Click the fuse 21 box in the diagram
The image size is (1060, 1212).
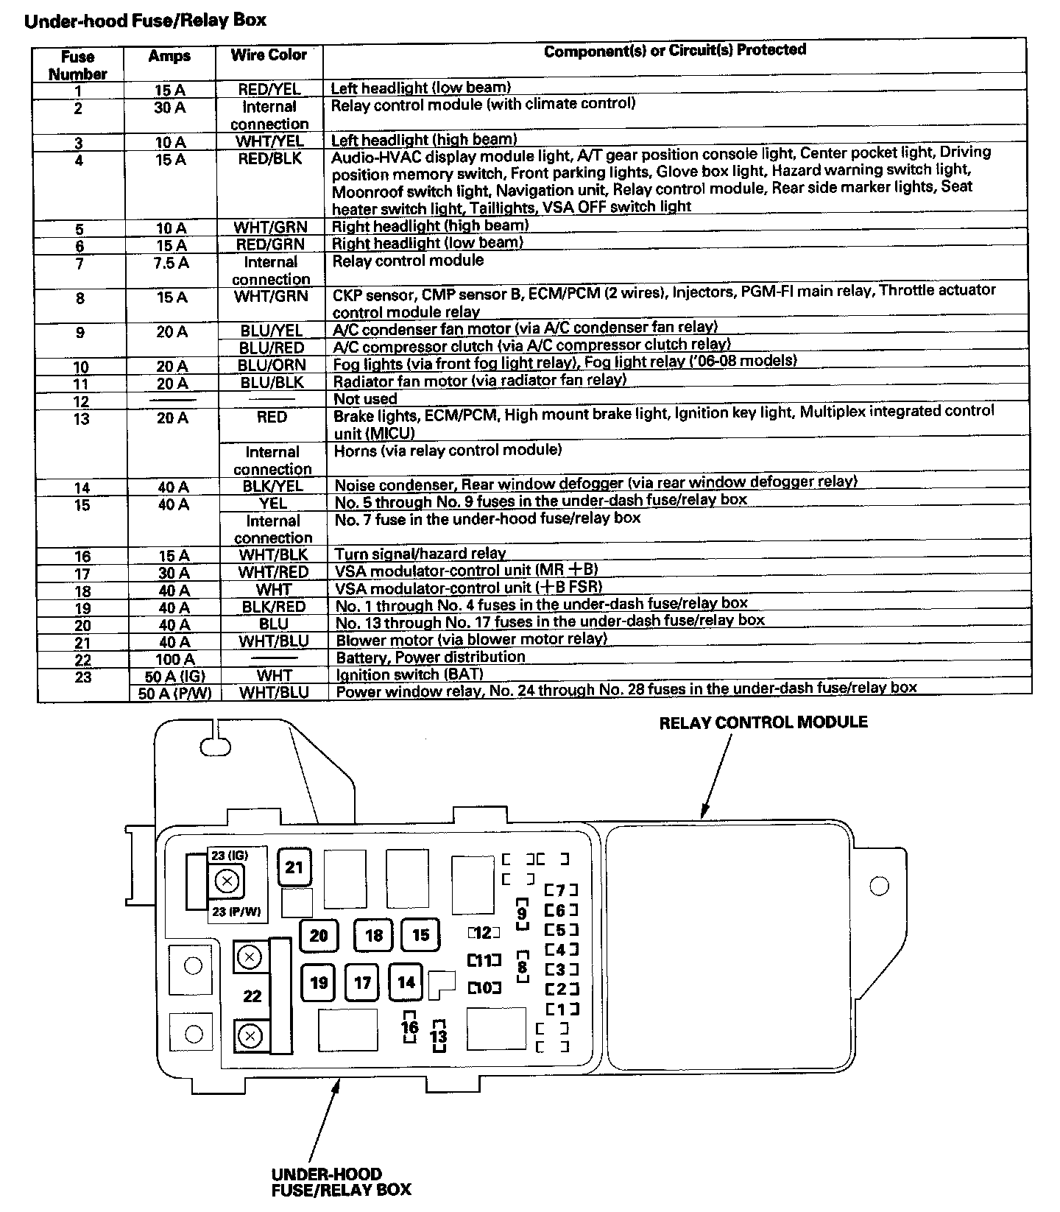coord(294,867)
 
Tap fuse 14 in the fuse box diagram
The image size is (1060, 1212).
coord(406,982)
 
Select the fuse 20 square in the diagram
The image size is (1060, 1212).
coord(318,935)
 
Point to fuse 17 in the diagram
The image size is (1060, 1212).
coord(362,982)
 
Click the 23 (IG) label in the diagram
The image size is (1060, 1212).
coord(229,856)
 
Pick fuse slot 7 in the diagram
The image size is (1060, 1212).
coord(561,890)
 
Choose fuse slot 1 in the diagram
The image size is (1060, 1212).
coord(562,1009)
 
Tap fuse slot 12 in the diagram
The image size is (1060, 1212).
coord(483,933)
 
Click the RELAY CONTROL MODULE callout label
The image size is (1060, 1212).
coord(763,722)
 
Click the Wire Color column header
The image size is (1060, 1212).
coord(269,55)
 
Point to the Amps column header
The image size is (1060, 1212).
coord(169,56)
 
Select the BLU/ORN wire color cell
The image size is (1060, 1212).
coord(272,365)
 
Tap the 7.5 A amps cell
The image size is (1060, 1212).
coord(171,263)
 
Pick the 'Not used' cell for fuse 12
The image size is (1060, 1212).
coord(365,399)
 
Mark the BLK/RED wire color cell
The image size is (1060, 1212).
coord(273,607)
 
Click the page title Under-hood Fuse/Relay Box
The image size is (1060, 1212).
coord(145,20)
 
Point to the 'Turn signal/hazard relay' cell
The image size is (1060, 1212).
coord(420,554)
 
